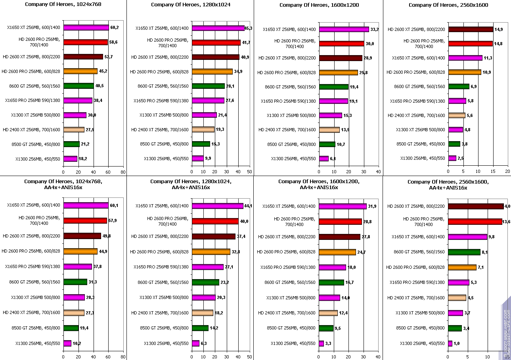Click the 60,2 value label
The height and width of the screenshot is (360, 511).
click(x=115, y=28)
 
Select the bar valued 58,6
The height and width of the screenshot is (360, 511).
click(x=86, y=42)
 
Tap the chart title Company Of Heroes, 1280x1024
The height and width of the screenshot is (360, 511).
click(x=191, y=5)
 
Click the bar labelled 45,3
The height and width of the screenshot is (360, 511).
click(x=218, y=28)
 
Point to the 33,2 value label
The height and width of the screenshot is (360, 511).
click(x=375, y=29)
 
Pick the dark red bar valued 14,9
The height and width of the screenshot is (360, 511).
click(x=471, y=29)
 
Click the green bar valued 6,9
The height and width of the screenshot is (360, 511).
click(x=459, y=86)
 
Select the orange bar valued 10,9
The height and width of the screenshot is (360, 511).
click(x=465, y=72)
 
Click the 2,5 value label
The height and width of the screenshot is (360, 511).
click(x=461, y=159)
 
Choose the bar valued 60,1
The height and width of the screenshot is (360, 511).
click(x=86, y=205)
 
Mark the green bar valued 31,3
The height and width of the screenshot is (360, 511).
click(x=75, y=282)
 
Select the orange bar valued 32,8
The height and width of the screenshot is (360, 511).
click(x=211, y=251)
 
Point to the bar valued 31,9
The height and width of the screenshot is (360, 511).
click(x=343, y=206)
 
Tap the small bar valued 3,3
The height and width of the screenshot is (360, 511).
click(x=322, y=343)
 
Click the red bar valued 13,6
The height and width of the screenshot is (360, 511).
click(x=475, y=221)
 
